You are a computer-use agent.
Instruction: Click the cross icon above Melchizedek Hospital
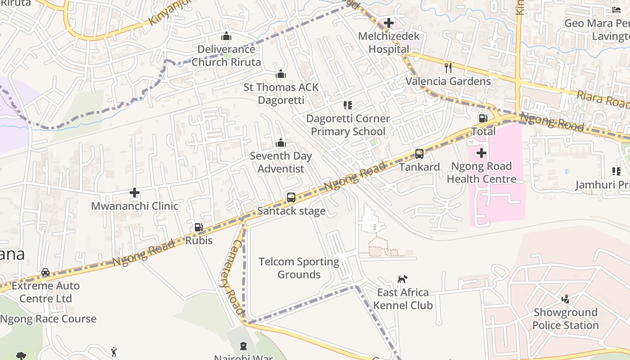pyautogui.click(x=389, y=23)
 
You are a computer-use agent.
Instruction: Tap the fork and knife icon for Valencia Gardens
pyautogui.click(x=448, y=68)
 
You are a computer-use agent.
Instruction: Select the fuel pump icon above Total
pyautogui.click(x=483, y=118)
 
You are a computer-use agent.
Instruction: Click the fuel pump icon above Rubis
pyautogui.click(x=198, y=227)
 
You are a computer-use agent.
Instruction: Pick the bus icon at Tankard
pyautogui.click(x=419, y=154)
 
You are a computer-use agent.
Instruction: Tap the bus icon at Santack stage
pyautogui.click(x=291, y=198)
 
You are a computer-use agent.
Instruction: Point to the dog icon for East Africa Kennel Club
pyautogui.click(x=402, y=279)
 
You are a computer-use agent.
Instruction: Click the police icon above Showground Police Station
pyautogui.click(x=566, y=299)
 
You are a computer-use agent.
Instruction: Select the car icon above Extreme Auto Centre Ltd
pyautogui.click(x=45, y=273)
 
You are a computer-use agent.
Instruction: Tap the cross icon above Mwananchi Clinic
pyautogui.click(x=135, y=193)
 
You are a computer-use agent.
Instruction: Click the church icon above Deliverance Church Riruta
pyautogui.click(x=226, y=36)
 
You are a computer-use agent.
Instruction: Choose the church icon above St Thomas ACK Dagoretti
pyautogui.click(x=281, y=74)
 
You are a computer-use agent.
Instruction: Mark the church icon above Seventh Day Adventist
pyautogui.click(x=281, y=143)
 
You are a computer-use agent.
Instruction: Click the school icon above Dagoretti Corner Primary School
pyautogui.click(x=348, y=105)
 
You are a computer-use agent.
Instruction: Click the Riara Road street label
pyautogui.click(x=603, y=99)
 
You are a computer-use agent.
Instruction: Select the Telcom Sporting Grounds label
pyautogui.click(x=299, y=268)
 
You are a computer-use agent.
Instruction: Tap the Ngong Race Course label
pyautogui.click(x=48, y=319)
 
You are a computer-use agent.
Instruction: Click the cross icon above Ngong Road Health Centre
pyautogui.click(x=481, y=153)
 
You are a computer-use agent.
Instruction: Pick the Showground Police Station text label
pyautogui.click(x=566, y=319)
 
